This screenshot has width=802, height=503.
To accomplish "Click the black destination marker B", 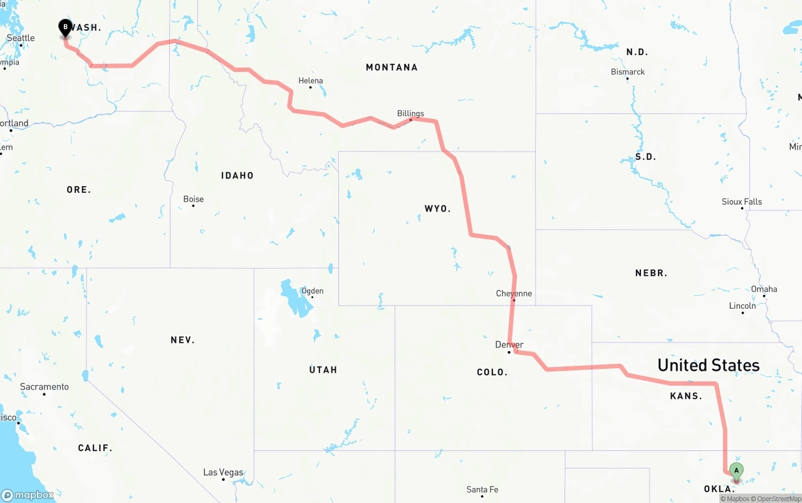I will [65, 28].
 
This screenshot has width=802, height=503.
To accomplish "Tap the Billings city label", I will [410, 113].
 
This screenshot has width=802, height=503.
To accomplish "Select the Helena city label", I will [311, 81].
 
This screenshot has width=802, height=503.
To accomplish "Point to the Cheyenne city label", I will [514, 293].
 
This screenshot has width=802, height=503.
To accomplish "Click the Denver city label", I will [509, 345].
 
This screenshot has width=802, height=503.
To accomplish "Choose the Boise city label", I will [193, 199].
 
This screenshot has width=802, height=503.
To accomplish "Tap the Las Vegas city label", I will [223, 472].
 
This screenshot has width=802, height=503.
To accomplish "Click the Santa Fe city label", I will [482, 489].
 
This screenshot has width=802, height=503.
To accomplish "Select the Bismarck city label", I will [628, 72].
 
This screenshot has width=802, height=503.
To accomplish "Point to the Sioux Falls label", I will [742, 202].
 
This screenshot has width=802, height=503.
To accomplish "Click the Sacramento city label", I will [44, 387].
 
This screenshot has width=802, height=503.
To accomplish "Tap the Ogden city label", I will [312, 291].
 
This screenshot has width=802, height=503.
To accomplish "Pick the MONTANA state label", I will [392, 67].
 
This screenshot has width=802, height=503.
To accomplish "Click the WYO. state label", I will [437, 209].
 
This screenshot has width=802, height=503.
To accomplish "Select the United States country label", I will [708, 365].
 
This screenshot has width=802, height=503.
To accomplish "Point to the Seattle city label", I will [21, 38].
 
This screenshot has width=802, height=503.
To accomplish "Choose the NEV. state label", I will [182, 340].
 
